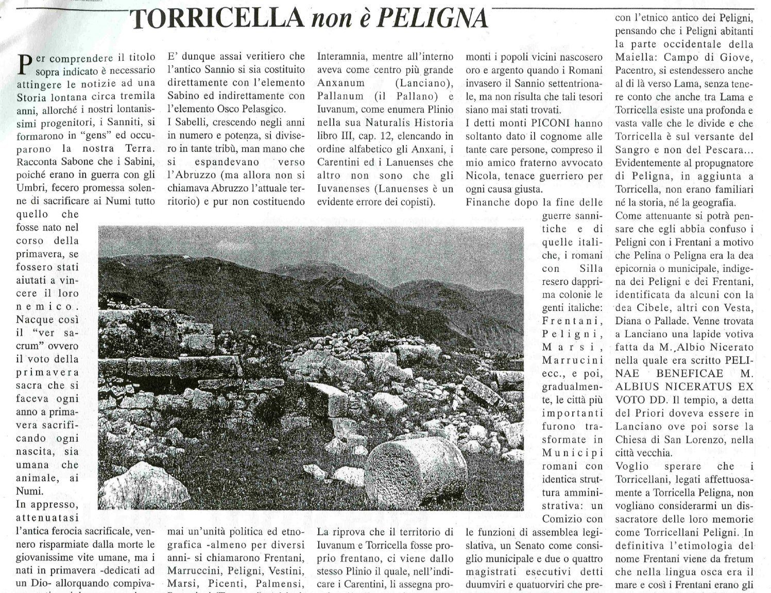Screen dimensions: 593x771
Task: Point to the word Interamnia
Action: click(341, 56)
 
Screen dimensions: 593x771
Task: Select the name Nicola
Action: click(482, 176)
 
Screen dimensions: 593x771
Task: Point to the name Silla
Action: click(588, 269)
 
